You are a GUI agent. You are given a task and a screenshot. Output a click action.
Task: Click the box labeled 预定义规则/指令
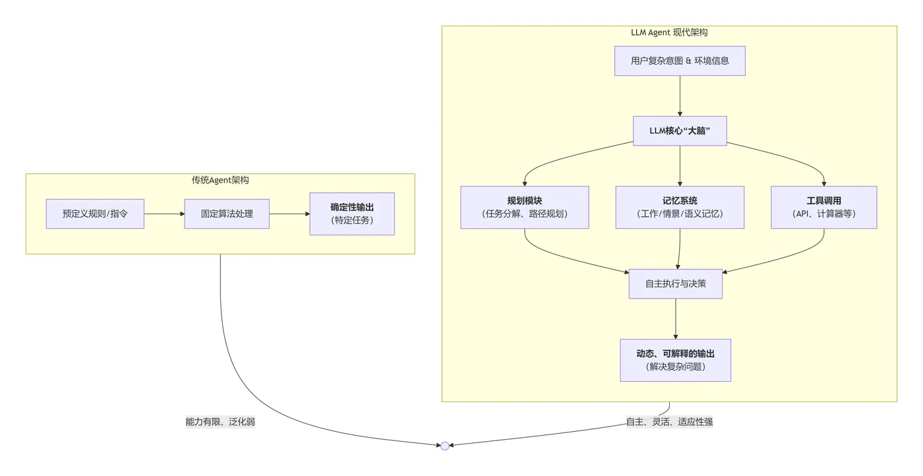95,214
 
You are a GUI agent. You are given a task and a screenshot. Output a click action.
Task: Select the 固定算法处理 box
227,214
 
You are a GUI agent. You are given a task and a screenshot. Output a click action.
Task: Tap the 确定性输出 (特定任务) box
352,214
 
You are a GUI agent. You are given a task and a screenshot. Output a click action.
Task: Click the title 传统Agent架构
220,180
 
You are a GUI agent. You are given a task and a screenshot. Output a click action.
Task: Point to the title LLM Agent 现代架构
669,32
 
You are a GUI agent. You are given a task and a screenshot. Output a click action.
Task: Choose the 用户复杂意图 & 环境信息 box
680,61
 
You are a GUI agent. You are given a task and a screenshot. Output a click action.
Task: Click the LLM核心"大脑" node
680,131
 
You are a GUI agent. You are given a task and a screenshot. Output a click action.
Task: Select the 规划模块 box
525,207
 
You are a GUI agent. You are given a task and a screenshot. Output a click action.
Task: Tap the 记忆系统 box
680,207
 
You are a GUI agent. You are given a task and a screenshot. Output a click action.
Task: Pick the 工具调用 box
823,207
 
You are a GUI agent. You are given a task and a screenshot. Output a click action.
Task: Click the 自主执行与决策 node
676,283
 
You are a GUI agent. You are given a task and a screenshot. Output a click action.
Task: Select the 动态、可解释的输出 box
676,360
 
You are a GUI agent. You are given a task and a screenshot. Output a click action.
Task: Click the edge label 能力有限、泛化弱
220,422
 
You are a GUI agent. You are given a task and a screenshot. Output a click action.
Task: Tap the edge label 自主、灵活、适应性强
669,422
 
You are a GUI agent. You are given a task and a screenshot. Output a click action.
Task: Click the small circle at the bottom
445,446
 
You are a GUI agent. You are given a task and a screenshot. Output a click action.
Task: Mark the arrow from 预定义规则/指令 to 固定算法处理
164,214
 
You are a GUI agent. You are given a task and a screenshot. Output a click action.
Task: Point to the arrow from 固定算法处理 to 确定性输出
289,214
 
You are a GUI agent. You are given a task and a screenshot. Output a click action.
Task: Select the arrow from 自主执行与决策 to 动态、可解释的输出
676,319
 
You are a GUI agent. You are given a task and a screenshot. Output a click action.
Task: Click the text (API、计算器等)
823,214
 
